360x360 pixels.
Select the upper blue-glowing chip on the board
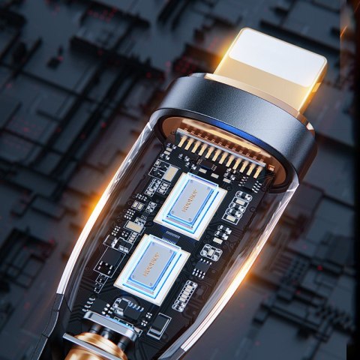coord(190,203)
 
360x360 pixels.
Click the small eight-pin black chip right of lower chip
coord(211,253)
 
